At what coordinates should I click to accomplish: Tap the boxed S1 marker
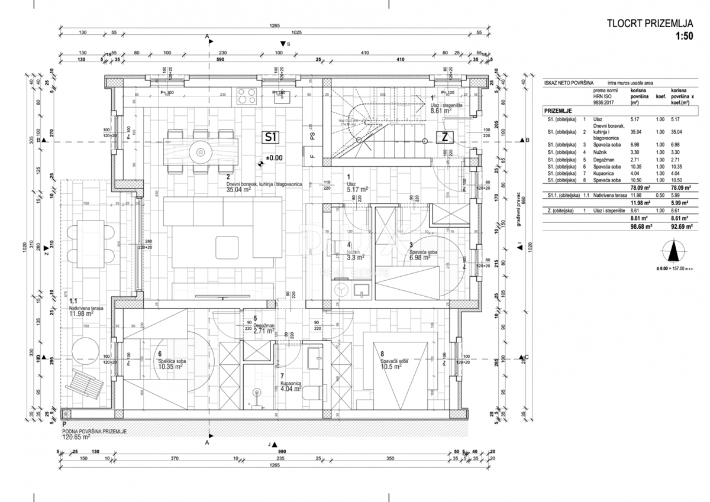pyautogui.click(x=270, y=138)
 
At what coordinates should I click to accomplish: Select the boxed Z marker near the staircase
pyautogui.click(x=444, y=138)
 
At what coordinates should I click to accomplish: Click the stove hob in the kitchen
pyautogui.click(x=246, y=94)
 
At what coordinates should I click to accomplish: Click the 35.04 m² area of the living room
pyautogui.click(x=240, y=191)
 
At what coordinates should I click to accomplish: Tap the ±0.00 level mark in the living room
pyautogui.click(x=273, y=158)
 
